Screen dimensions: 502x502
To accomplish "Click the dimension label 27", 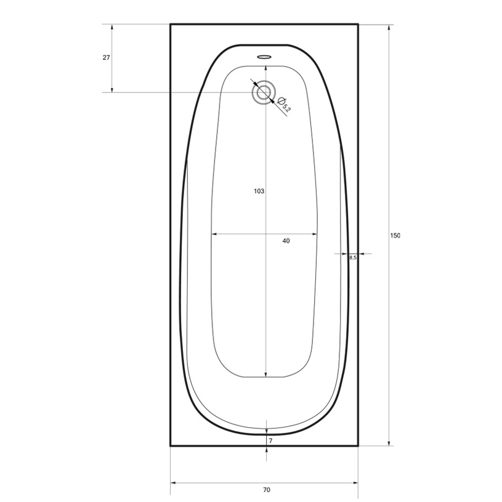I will coord(106,57).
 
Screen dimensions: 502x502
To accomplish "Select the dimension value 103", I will coord(259,192).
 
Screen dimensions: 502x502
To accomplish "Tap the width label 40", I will coord(286,241).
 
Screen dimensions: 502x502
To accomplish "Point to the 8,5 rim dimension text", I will coord(352,258).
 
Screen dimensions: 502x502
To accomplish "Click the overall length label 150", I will coord(395,236).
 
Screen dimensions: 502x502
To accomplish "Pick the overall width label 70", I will coord(266,490).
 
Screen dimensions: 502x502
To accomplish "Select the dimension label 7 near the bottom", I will coord(270,441).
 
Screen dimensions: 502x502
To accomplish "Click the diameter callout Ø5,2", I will coord(284,105).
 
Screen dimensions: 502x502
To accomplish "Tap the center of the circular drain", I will coord(264,92).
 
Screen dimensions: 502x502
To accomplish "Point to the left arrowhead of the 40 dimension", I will coord(214,234).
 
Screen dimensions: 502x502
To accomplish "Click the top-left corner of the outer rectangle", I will coord(171,24).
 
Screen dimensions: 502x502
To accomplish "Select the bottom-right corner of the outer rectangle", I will coord(358,445).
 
